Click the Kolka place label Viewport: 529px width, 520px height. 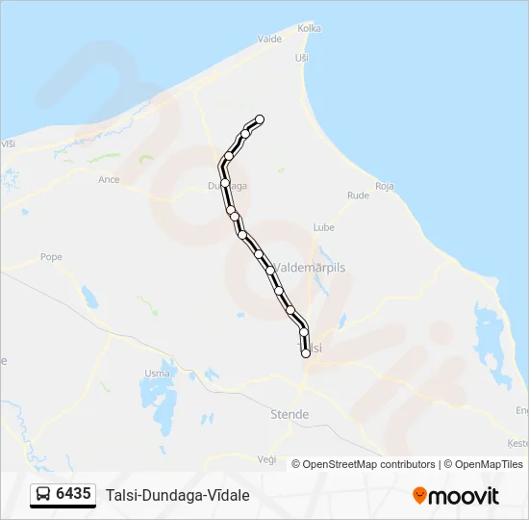click(x=309, y=29)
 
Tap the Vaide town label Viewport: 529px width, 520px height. click(x=269, y=39)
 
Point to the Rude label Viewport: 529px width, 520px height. click(x=358, y=195)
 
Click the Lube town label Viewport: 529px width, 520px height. click(x=323, y=228)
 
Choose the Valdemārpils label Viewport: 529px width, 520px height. click(x=312, y=267)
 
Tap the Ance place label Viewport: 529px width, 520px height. click(x=110, y=179)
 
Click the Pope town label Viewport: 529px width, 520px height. click(x=51, y=257)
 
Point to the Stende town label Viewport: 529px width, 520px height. click(x=290, y=414)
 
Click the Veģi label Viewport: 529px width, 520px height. click(x=266, y=458)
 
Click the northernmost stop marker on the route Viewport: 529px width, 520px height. click(x=259, y=119)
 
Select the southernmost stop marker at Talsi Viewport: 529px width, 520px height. click(x=306, y=353)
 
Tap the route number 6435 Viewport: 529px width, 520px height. click(x=74, y=495)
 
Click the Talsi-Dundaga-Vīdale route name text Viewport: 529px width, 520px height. click(x=178, y=495)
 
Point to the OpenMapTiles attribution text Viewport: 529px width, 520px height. click(x=485, y=464)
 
